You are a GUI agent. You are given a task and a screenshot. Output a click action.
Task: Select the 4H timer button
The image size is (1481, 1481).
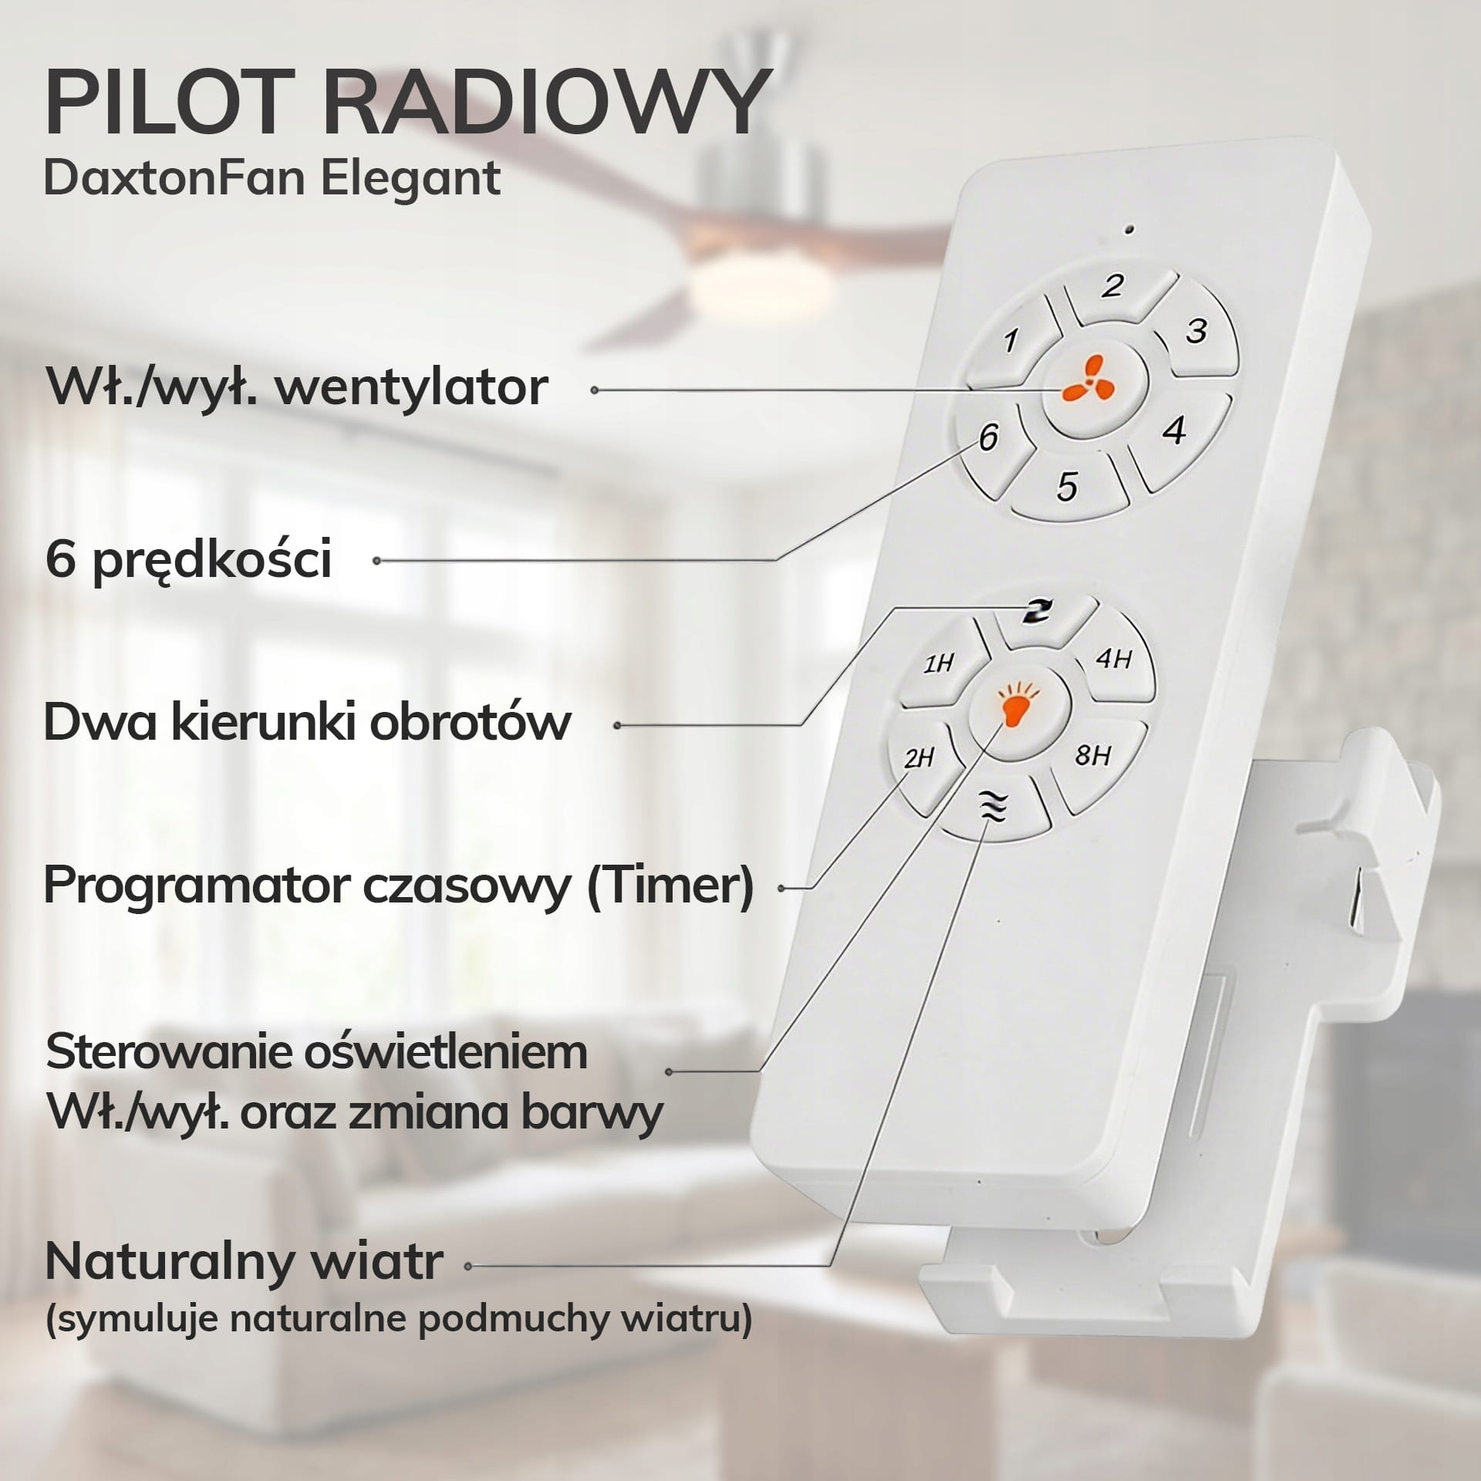1112,660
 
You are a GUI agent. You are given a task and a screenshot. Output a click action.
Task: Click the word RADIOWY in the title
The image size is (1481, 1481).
544,102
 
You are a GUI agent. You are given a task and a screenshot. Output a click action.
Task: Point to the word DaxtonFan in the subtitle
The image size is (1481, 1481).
174,177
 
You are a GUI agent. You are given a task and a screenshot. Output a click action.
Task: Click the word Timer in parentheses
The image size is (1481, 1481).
669,886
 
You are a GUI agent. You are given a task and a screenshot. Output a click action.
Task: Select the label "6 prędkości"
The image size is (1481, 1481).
189,560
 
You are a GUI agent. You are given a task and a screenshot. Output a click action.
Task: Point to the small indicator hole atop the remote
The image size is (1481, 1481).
1129,229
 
